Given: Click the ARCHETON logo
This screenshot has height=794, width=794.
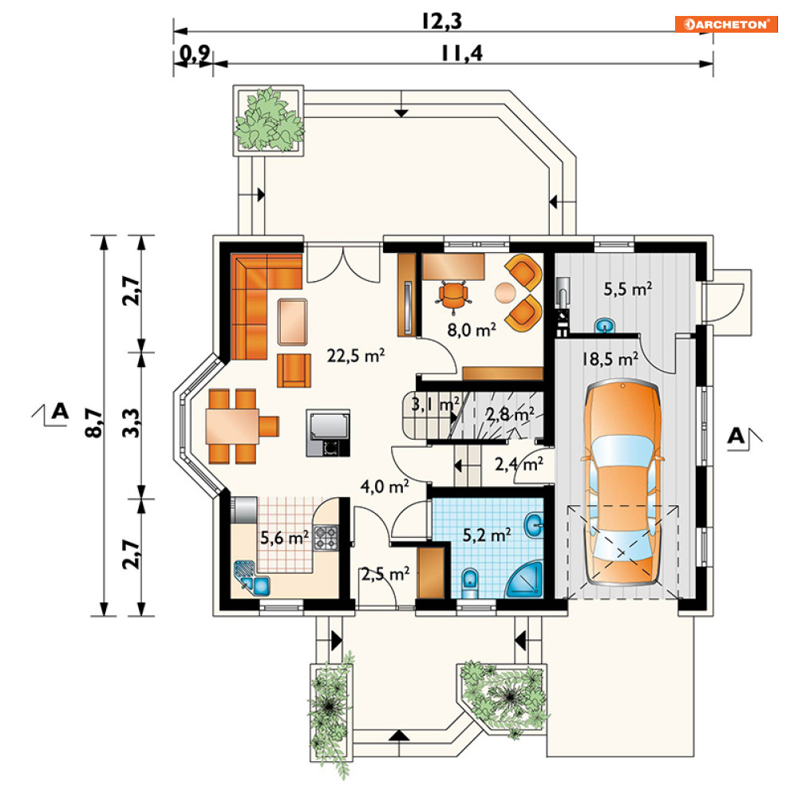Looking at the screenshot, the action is (725, 24).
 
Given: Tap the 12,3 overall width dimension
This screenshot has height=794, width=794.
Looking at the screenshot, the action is (441, 22).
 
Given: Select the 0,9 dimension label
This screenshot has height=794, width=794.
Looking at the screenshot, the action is (195, 53).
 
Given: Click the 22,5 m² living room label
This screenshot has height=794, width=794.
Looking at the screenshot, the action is (355, 355).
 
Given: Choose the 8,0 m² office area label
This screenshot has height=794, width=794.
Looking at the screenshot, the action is (471, 330).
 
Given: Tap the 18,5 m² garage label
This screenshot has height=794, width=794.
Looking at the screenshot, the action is (610, 359).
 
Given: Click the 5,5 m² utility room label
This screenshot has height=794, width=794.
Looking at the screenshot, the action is (628, 289).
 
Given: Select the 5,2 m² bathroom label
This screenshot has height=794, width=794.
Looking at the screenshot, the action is (487, 535).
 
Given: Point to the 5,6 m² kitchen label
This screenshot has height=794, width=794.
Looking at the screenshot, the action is (284, 537).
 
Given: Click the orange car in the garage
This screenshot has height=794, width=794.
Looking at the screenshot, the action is (622, 483).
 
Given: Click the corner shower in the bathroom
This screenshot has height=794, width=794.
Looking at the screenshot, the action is (524, 580).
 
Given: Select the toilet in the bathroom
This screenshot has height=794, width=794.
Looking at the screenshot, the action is (471, 583).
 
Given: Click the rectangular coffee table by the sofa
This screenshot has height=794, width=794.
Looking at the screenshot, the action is (293, 322).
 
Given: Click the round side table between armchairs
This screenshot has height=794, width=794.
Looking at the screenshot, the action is (505, 293).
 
